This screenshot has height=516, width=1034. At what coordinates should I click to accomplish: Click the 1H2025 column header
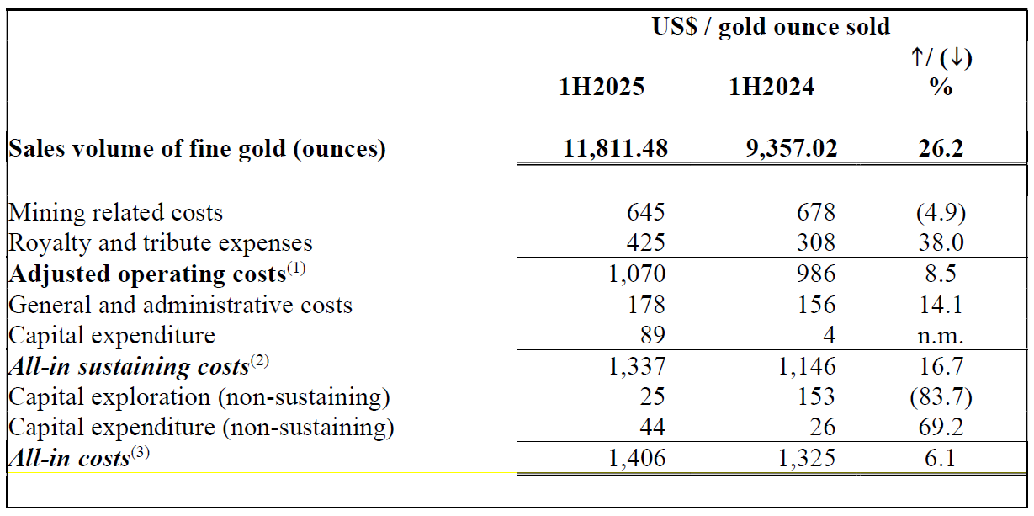pyautogui.click(x=602, y=87)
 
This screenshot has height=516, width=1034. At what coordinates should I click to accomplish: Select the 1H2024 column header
pyautogui.click(x=772, y=87)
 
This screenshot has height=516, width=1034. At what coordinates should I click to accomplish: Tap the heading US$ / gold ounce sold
pyautogui.click(x=771, y=27)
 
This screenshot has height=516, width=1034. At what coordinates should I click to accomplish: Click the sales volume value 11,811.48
pyautogui.click(x=616, y=149)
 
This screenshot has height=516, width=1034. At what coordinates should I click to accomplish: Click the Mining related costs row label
pyautogui.click(x=116, y=213)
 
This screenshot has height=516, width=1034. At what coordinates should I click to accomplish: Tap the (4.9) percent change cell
pyautogui.click(x=940, y=213)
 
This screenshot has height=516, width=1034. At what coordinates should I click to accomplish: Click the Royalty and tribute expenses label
pyautogui.click(x=161, y=243)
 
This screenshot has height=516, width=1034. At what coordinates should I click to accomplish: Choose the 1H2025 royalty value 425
pyautogui.click(x=647, y=243)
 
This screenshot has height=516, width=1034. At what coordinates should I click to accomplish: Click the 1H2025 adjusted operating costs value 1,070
pyautogui.click(x=635, y=274)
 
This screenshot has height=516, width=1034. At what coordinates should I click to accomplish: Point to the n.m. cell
pyautogui.click(x=940, y=336)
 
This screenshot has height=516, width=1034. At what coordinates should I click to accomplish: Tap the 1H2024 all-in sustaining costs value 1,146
pyautogui.click(x=805, y=367)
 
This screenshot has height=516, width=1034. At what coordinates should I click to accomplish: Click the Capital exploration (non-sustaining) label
pyautogui.click(x=199, y=397)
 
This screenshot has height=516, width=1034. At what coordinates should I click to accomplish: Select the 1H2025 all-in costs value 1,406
pyautogui.click(x=635, y=459)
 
